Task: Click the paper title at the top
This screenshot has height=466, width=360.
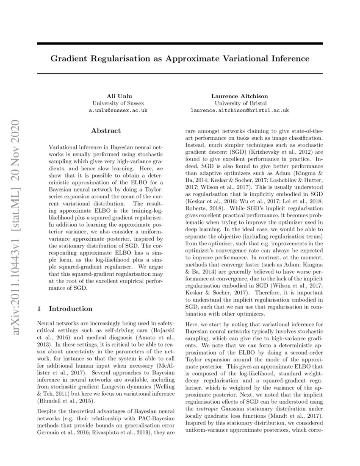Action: click(180, 58)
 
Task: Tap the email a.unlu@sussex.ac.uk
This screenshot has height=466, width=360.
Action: click(118, 110)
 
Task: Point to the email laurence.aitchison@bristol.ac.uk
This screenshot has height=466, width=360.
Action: click(240, 110)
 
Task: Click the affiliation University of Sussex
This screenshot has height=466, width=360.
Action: click(118, 103)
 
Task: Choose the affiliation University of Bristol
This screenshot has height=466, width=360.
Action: click(240, 103)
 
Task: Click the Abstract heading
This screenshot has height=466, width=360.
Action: click(106, 130)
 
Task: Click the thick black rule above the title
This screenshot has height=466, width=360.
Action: click(180, 44)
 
